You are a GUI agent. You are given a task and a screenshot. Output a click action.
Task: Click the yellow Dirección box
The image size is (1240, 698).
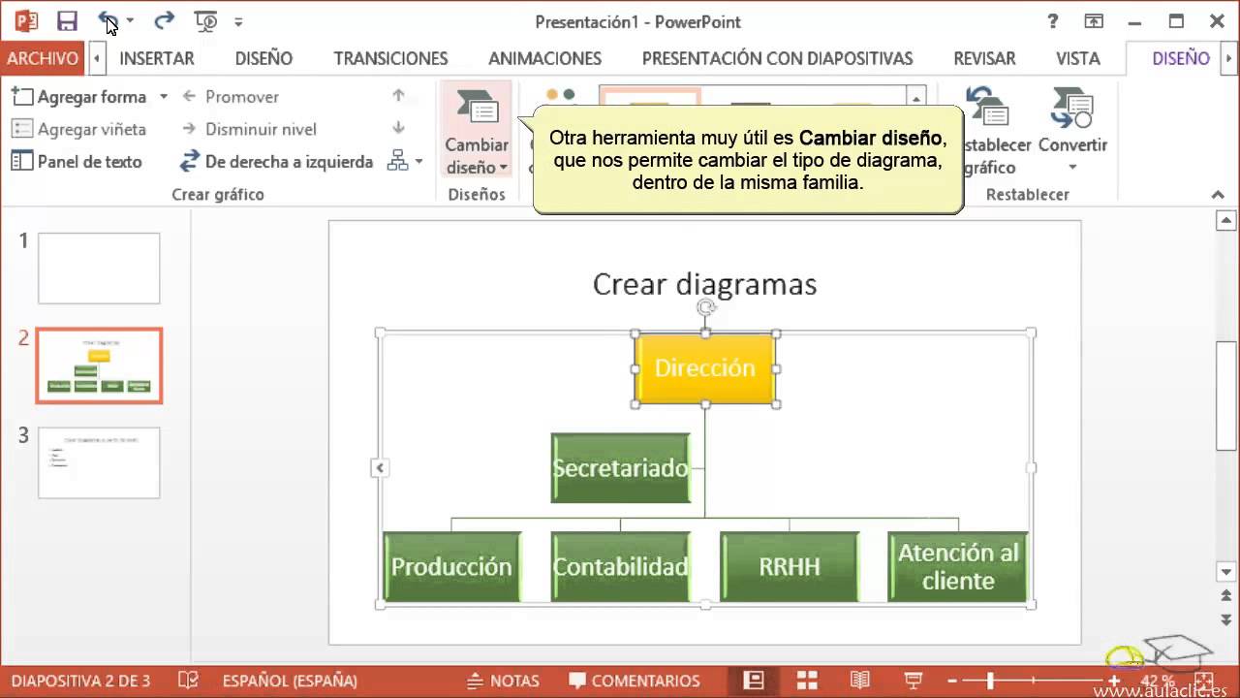[x=704, y=368]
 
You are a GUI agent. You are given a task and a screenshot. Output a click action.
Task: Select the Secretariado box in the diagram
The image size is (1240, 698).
[x=620, y=468]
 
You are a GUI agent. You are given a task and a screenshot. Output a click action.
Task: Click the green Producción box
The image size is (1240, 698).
[x=451, y=566]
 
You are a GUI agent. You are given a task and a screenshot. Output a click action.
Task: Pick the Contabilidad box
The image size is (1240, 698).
[x=620, y=566]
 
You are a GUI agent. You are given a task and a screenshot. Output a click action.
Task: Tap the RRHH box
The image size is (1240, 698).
[x=789, y=566]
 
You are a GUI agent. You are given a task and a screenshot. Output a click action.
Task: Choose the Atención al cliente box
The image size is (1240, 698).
[x=957, y=566]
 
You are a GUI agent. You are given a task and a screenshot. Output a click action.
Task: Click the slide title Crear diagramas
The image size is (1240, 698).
[x=704, y=284]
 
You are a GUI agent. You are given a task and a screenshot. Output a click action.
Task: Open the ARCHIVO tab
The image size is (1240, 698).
[x=43, y=58]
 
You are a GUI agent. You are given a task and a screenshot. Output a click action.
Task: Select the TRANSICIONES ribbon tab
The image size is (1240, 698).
[x=390, y=58]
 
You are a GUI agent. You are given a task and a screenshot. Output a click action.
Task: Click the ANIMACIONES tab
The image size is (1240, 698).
[x=544, y=58]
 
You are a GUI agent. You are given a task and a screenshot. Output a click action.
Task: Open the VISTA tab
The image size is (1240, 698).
[x=1077, y=58]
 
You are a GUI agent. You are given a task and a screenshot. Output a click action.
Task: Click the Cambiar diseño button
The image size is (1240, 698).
[x=477, y=131]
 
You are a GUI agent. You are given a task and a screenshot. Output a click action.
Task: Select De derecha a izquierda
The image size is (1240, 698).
[x=277, y=162]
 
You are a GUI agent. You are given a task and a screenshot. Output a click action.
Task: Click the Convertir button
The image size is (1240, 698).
[x=1072, y=131]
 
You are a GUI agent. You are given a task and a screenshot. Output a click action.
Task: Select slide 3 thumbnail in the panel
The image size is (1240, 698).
[x=99, y=463]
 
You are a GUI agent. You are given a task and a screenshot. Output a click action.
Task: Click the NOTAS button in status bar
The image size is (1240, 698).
[x=503, y=681]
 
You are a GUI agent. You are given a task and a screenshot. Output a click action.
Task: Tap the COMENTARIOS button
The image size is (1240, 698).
[x=635, y=681]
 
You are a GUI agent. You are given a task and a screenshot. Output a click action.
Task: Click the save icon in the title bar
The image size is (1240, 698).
[x=67, y=20]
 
